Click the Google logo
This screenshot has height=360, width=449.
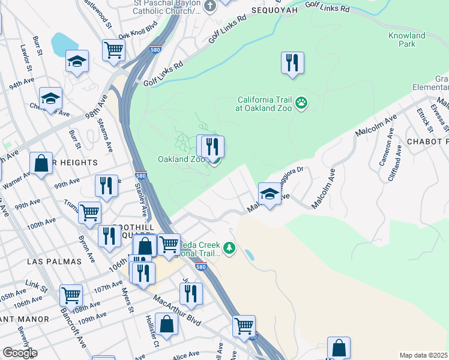[x=19, y=353]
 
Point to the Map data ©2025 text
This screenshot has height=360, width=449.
[x=424, y=355]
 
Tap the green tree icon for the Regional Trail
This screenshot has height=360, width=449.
[x=229, y=247]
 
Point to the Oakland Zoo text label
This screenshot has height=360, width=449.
[x=181, y=159]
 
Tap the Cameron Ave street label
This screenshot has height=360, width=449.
[x=385, y=154]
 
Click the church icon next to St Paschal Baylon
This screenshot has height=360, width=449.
[x=209, y=6]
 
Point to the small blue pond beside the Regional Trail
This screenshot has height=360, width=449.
[x=249, y=254]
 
